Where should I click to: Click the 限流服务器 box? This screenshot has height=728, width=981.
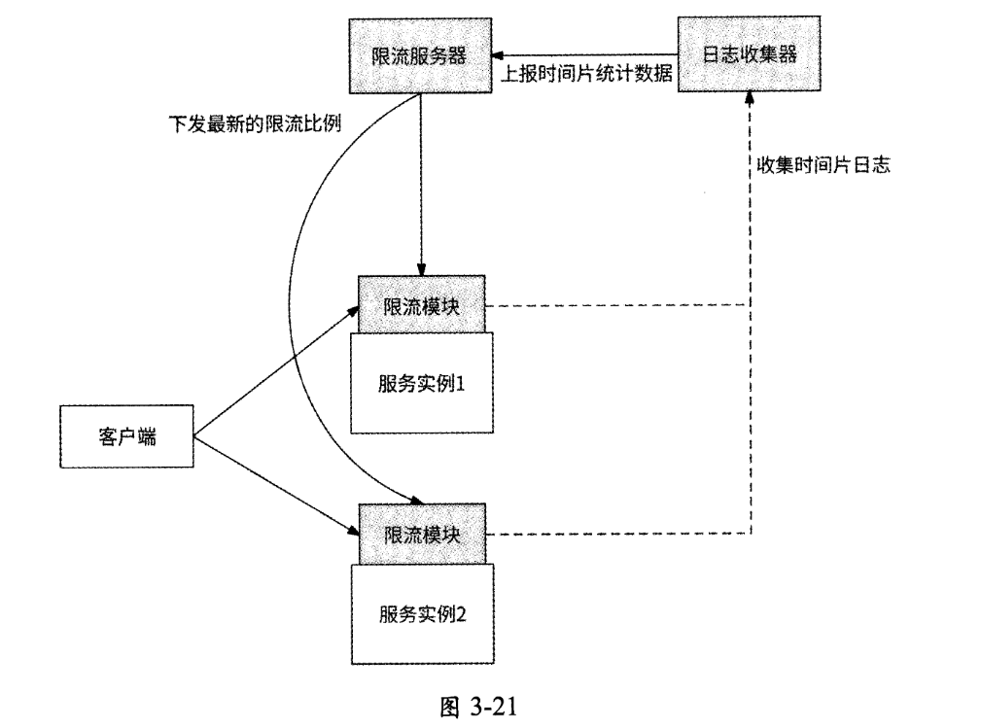tap(420, 55)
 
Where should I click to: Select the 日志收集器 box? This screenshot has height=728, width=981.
tap(750, 55)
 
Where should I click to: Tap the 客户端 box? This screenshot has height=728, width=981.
tap(127, 436)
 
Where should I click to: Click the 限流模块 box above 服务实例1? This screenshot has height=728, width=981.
tap(421, 305)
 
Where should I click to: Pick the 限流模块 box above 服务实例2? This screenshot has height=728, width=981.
tap(421, 534)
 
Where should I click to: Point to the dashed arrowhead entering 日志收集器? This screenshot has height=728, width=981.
tap(750, 97)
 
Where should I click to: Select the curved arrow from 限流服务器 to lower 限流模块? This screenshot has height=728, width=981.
tap(291, 292)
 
